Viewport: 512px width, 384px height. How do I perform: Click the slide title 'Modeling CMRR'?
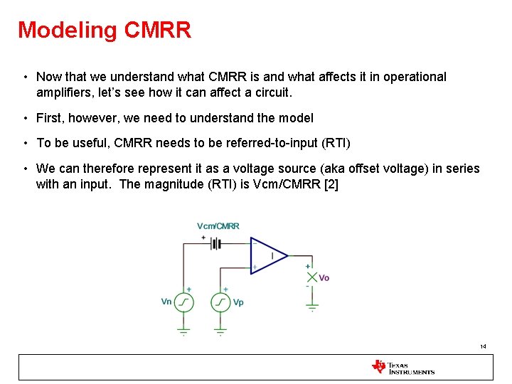[x=105, y=30]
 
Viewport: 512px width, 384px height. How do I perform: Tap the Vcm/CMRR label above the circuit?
[x=218, y=226]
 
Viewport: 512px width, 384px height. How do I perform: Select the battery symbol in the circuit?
[x=215, y=244]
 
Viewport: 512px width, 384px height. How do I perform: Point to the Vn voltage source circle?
[x=184, y=302]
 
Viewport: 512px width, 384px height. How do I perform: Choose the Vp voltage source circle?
[x=221, y=302]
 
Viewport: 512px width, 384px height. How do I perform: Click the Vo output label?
[x=324, y=277]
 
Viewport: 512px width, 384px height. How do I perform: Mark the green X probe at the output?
[x=311, y=277]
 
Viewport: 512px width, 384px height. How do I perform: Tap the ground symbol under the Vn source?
[x=184, y=331]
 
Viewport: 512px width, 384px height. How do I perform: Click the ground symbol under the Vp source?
[x=221, y=331]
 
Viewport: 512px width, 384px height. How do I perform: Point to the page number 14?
[x=483, y=346]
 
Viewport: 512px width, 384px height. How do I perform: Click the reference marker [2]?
[x=334, y=185]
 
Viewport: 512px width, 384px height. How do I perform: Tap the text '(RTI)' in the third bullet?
[x=336, y=143]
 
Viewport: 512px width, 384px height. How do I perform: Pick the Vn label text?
[x=166, y=302]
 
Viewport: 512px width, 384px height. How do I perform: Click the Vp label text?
[x=238, y=302]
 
